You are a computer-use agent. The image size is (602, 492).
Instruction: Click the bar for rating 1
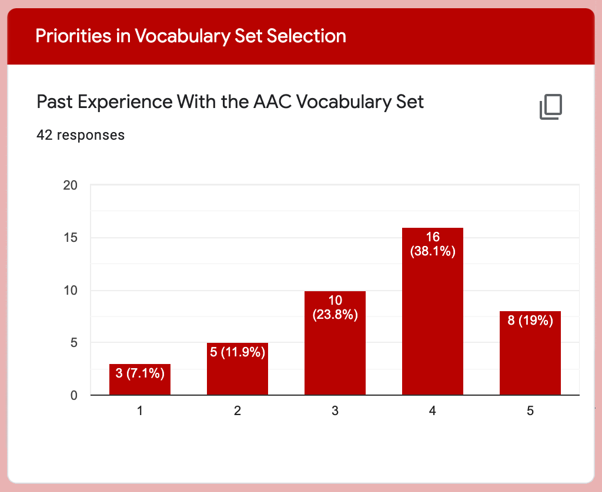click(140, 379)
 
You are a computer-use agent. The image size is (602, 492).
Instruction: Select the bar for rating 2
click(238, 369)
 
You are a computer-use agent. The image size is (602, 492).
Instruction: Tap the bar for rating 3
click(335, 343)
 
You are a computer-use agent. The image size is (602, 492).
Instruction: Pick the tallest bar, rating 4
click(433, 311)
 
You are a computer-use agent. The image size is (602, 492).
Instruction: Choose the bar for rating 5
click(530, 353)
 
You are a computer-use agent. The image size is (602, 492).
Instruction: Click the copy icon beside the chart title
click(551, 107)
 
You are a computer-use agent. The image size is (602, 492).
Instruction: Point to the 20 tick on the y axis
click(71, 185)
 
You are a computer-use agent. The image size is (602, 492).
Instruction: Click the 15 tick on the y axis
click(71, 238)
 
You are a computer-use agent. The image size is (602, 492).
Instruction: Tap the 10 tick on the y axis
click(71, 290)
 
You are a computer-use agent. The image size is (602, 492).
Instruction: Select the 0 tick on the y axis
click(73, 395)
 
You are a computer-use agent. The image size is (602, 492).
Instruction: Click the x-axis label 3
click(335, 411)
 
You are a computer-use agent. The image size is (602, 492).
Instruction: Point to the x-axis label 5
click(530, 411)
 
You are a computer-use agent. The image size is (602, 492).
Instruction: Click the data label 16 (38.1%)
click(433, 244)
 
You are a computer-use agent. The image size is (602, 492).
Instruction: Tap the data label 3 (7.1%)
click(140, 373)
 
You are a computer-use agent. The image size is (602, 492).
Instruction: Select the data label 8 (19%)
click(530, 320)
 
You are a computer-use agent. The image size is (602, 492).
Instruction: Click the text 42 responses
click(81, 135)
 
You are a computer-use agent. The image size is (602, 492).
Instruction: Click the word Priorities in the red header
click(73, 36)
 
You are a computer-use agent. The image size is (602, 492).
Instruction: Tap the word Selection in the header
click(306, 36)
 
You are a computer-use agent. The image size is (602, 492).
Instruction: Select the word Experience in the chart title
click(125, 102)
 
